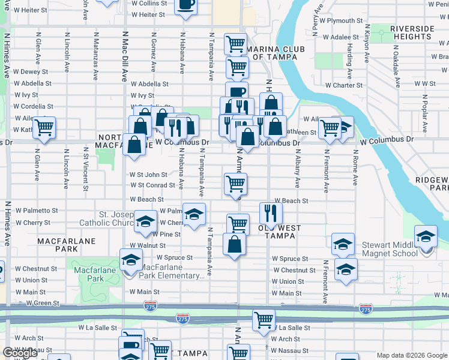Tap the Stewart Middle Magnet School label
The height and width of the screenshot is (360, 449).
coord(390,249)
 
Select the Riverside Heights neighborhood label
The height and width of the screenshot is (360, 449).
coord(411,32)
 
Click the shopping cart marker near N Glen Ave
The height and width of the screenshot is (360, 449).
coord(44,127)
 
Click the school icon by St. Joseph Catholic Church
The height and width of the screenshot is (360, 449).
coord(145,221)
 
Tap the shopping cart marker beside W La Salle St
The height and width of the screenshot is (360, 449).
coord(264,320)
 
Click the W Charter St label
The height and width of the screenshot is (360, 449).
coord(344,85)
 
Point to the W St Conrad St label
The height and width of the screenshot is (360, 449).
coord(153,185)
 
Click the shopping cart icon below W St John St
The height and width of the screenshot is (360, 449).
coord(235,183)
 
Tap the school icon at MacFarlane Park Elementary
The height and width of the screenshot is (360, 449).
coord(130,260)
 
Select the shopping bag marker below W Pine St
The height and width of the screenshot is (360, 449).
coord(234,244)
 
